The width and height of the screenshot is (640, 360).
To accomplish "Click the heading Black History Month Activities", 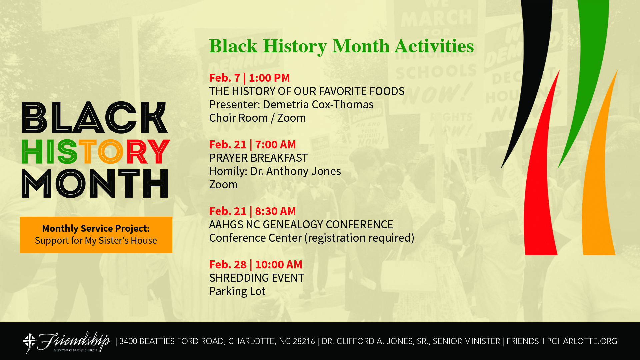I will coord(341,46).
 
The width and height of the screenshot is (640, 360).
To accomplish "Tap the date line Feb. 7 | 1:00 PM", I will coord(249,78).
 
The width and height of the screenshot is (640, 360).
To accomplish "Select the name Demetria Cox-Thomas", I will coord(318,104).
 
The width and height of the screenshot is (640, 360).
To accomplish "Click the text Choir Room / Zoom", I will coord(257,118).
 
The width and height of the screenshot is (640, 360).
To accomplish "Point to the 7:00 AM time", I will coord(275,144).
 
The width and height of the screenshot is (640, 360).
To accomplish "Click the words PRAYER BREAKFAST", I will coord(258,158).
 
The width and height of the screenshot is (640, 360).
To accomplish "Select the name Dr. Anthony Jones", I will coord(295,171).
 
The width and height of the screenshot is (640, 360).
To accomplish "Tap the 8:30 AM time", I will coord(275,211).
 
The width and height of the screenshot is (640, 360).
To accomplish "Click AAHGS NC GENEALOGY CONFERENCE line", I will coord(301,224).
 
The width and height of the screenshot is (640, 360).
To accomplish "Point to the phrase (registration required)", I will coord(359,238).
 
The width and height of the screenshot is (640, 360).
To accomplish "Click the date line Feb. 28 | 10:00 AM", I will coord(255,264).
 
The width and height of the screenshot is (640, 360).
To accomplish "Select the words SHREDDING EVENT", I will coord(256,278).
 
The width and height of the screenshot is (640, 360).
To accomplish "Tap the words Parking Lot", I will coord(237,291).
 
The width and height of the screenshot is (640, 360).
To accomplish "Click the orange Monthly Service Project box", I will coord(96,235).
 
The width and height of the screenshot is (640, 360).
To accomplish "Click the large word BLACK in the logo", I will coord(95,117).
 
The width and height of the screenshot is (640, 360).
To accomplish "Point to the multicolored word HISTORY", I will coord(96,152).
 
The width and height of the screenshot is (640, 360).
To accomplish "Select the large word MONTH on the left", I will coord(95,183).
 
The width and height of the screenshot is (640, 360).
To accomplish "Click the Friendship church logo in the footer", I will coord(66,342).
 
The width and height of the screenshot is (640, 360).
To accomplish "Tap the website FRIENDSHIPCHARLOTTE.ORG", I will coord(562,341).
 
